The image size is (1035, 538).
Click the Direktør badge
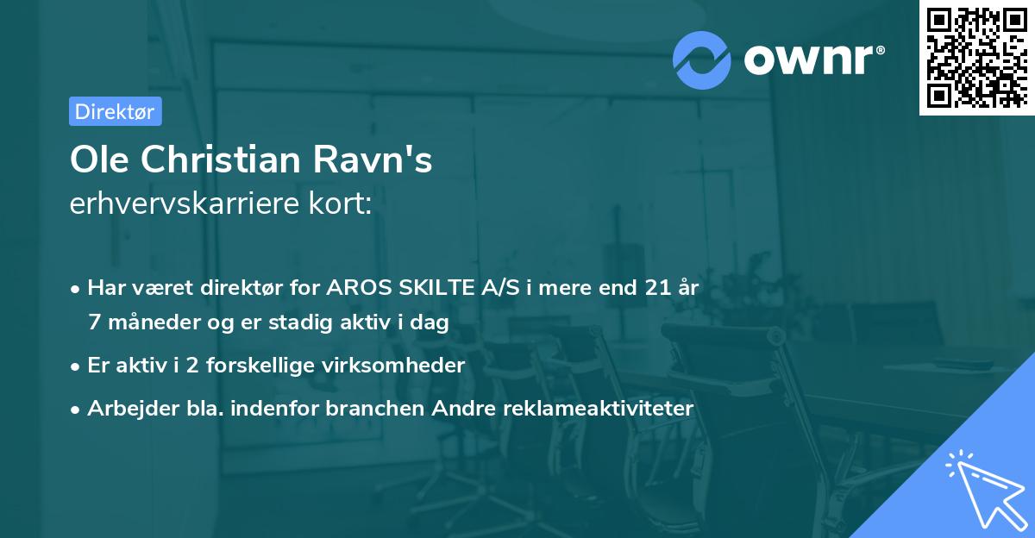pyautogui.click(x=115, y=111)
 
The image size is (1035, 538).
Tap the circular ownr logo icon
pyautogui.click(x=702, y=59)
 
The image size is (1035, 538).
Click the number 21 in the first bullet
pyautogui.click(x=656, y=289)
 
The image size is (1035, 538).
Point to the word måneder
pyautogui.click(x=146, y=322)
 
